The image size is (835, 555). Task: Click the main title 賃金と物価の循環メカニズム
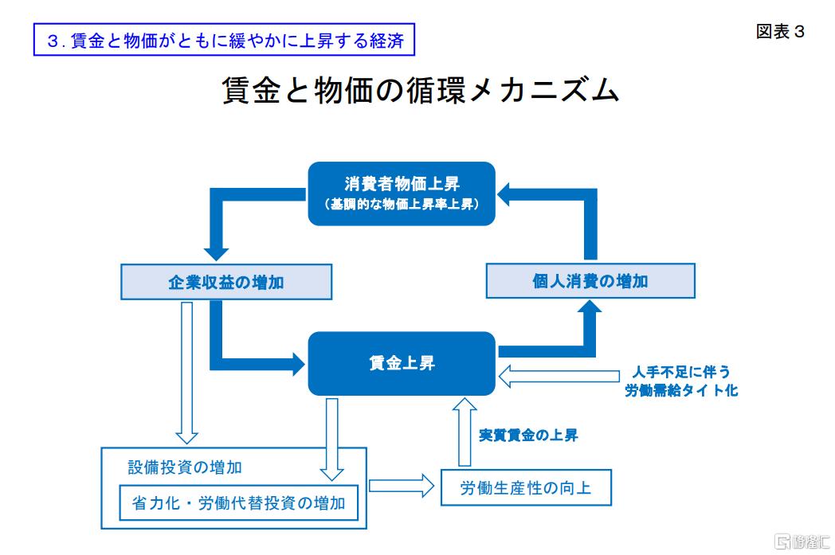click(x=419, y=90)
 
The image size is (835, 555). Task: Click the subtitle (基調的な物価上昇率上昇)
click(x=402, y=205)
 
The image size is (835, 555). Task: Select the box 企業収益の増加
click(x=226, y=282)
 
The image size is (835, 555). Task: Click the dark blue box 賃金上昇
click(x=402, y=364)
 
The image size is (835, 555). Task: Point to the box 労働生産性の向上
click(x=526, y=487)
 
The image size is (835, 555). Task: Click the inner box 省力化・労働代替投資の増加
click(x=238, y=502)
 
